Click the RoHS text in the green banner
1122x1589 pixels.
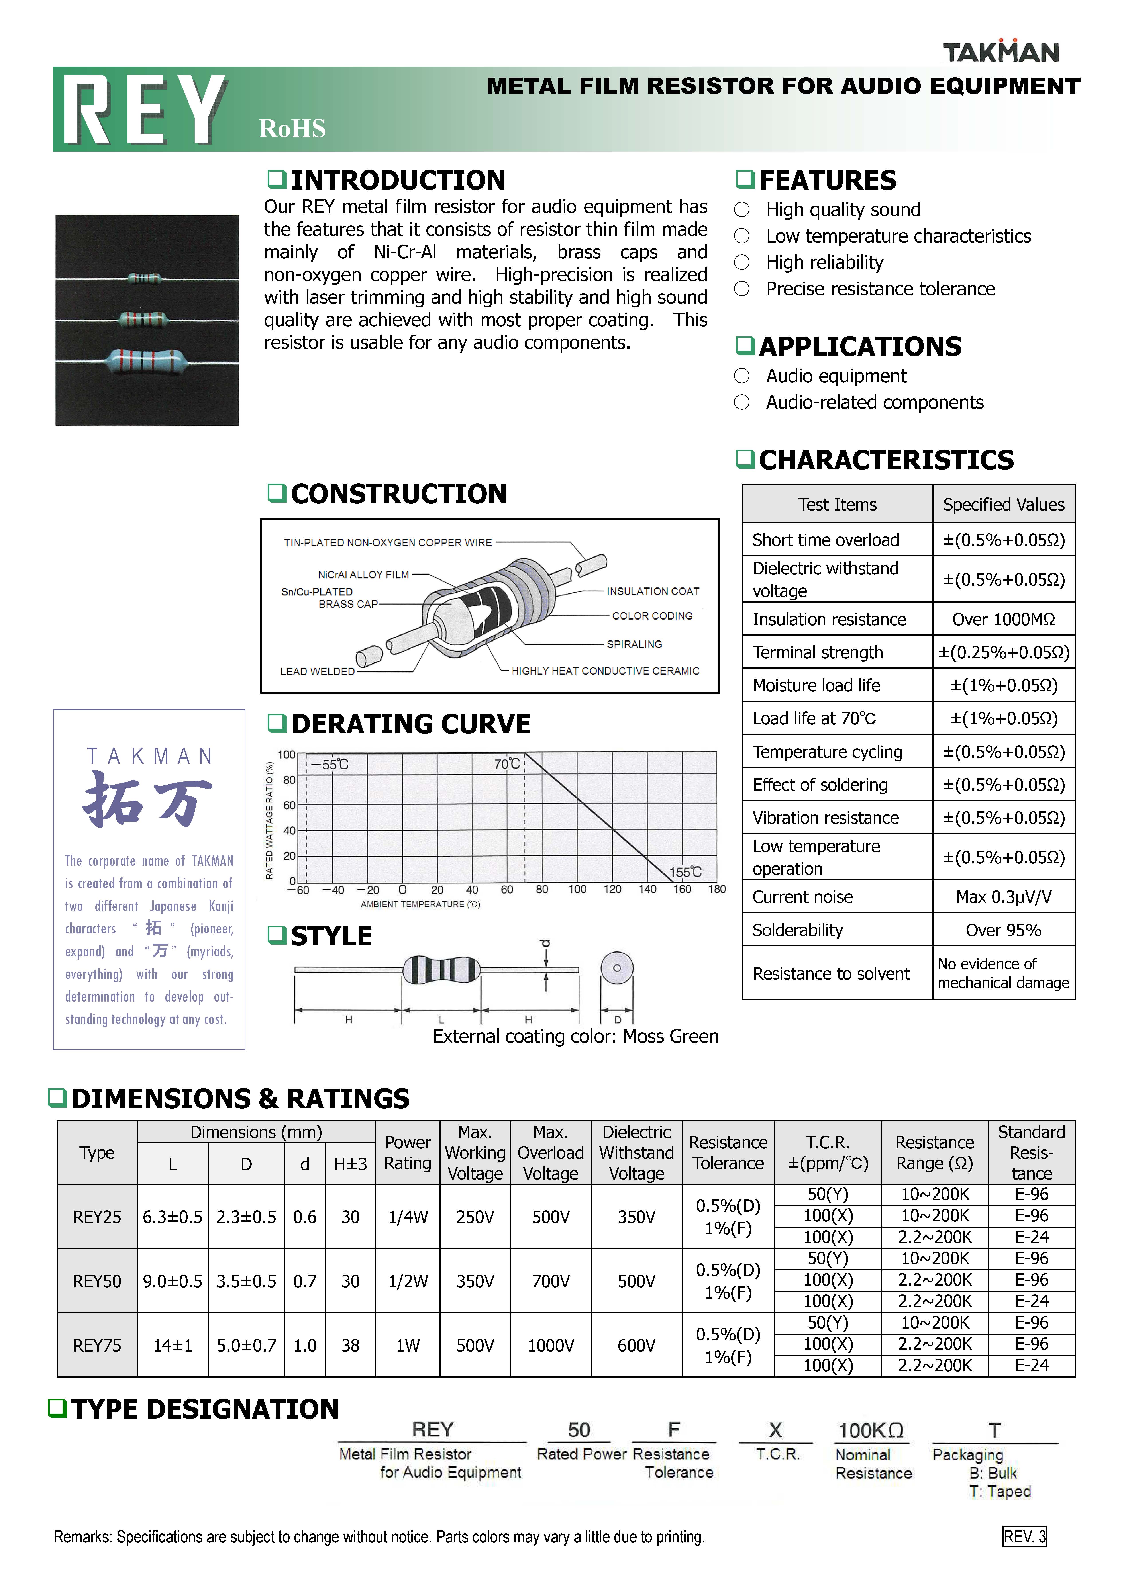(x=292, y=129)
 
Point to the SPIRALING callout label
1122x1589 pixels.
(x=634, y=644)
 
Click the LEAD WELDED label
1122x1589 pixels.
(x=317, y=671)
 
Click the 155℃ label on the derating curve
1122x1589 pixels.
(x=685, y=872)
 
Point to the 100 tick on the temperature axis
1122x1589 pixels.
(x=577, y=889)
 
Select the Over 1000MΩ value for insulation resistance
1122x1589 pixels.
(x=1003, y=619)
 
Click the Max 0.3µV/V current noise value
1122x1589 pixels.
(x=1003, y=897)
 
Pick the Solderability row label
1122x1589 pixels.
(x=797, y=930)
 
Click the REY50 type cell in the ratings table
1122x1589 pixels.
(x=97, y=1281)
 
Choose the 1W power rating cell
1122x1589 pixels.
(x=408, y=1345)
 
